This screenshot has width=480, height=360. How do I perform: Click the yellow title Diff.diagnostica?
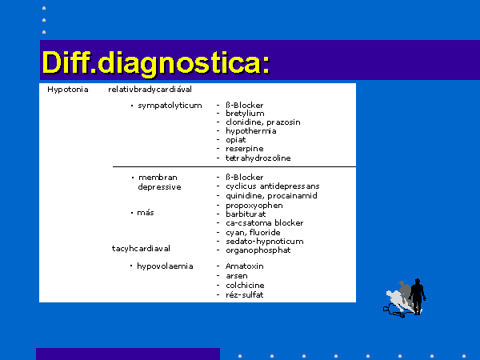(156, 63)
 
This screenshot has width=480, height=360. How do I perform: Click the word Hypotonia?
(68, 90)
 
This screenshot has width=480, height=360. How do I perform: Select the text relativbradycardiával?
(150, 90)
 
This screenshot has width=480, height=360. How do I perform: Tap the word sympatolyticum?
(170, 106)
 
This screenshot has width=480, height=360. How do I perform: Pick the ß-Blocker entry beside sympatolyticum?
(244, 106)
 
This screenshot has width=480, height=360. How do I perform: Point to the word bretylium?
(245, 114)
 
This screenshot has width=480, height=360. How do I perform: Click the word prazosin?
(283, 122)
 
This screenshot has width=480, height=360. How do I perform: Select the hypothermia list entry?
(251, 131)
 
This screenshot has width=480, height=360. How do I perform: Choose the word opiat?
(236, 140)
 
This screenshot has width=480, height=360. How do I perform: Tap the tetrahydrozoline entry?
(258, 158)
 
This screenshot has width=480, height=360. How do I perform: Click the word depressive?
(159, 187)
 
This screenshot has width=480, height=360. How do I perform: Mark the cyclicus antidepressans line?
(273, 186)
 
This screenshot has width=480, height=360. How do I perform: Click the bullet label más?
(146, 213)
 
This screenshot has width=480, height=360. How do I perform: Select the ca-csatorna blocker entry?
(265, 223)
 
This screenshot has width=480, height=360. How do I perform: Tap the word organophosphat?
(258, 250)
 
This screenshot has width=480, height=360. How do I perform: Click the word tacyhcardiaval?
(141, 249)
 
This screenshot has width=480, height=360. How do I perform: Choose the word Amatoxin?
(244, 266)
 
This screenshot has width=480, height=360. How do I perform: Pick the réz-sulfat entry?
(244, 295)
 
